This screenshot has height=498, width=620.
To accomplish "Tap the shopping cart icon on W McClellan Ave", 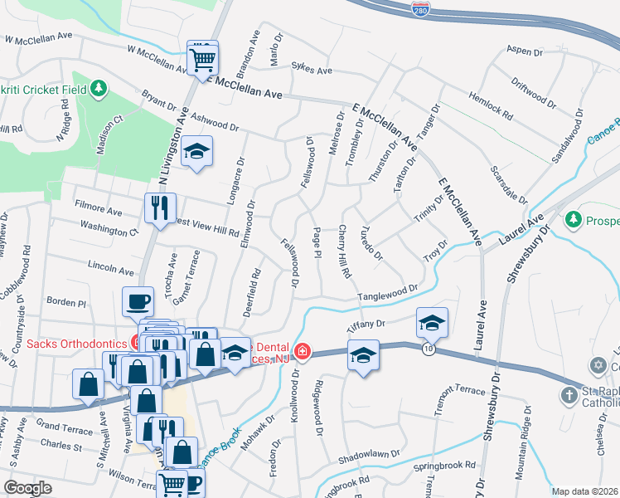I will (x=202, y=58).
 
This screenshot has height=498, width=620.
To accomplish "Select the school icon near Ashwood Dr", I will (x=197, y=152).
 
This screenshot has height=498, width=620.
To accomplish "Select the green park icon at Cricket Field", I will (x=99, y=87).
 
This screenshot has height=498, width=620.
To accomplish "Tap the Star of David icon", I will (x=598, y=366).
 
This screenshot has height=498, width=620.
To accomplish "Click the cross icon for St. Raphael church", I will (x=569, y=395).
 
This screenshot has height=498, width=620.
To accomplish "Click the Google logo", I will (x=27, y=487).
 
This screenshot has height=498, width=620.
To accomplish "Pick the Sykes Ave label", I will (x=311, y=71).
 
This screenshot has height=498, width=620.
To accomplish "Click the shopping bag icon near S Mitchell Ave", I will (x=88, y=383).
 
